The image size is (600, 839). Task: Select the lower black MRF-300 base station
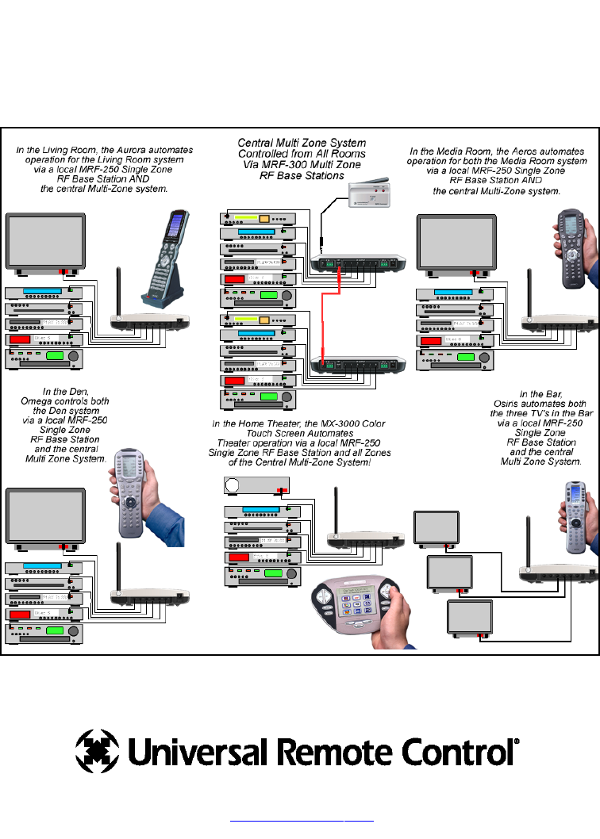358,364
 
